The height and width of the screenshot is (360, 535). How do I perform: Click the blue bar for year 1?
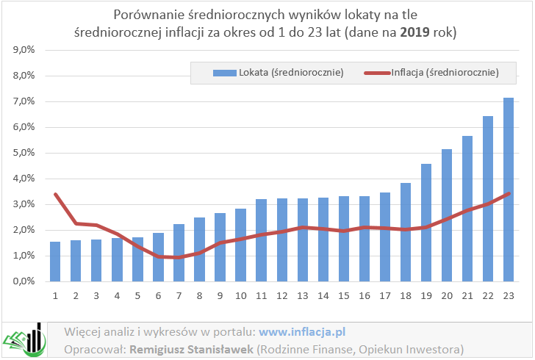tap(55, 262)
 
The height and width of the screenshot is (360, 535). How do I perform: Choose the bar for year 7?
tap(179, 253)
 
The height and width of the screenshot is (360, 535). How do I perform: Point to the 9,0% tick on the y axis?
tap(24, 50)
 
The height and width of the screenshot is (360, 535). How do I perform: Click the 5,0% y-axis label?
tap(24, 153)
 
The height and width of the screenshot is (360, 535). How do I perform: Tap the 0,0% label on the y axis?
tap(24, 281)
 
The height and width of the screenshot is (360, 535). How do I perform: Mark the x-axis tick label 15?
tap(344, 295)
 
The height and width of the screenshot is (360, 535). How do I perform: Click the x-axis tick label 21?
tap(467, 295)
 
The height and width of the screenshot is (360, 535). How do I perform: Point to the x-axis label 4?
tap(117, 295)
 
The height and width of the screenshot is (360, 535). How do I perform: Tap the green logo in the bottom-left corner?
tap(24, 339)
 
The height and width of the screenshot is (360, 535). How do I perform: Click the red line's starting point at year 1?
tap(55, 194)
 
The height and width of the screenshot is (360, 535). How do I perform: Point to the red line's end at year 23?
tap(509, 193)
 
